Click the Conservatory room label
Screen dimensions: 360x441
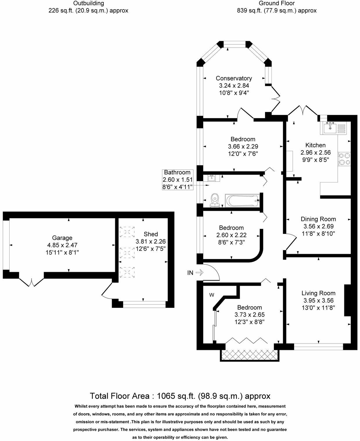click(234, 78)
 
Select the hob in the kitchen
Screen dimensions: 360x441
click(344, 159)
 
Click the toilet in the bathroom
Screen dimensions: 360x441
click(215, 200)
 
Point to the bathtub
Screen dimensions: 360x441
click(242, 200)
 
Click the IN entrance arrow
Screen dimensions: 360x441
click(200, 272)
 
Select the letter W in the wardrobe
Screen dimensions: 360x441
click(212, 295)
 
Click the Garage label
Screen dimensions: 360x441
click(62, 238)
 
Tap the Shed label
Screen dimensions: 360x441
click(151, 234)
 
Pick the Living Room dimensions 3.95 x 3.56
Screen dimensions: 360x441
click(318, 301)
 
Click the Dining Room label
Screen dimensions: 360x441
click(318, 219)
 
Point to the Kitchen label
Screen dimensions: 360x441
click(315, 145)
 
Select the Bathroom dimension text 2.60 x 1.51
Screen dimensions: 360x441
click(177, 180)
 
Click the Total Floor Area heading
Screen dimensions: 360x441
click(180, 396)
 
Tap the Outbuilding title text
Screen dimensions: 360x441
click(88, 3)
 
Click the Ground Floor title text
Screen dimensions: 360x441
click(277, 3)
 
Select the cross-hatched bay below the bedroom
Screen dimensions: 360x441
click(250, 355)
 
